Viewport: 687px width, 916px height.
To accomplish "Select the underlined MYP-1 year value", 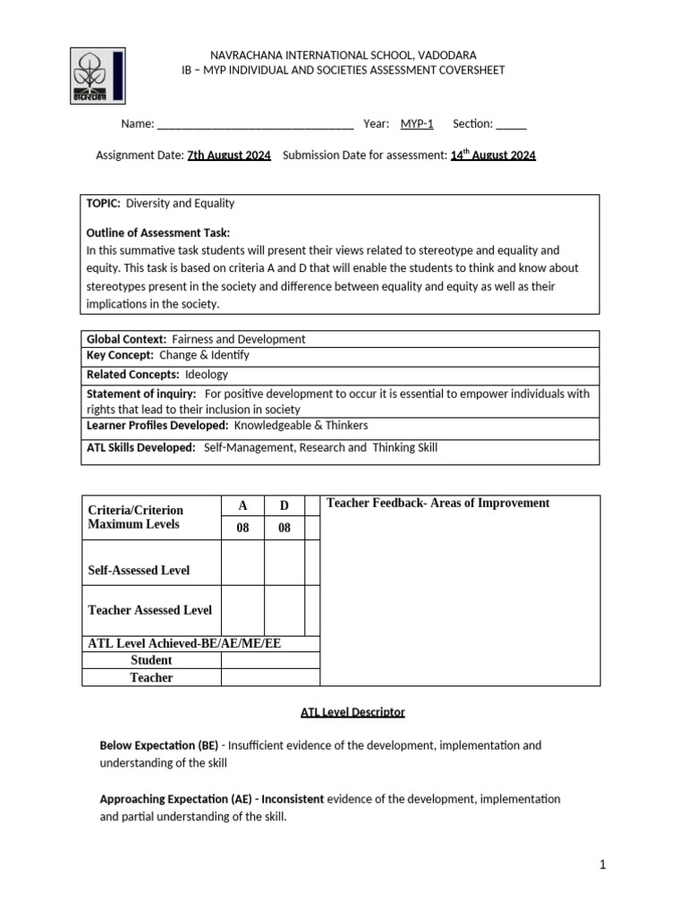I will (x=417, y=123).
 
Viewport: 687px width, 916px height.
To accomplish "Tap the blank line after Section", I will (x=511, y=124).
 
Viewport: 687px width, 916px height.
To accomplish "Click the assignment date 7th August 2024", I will (x=229, y=155).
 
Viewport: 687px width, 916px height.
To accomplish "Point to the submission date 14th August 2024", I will (x=493, y=155).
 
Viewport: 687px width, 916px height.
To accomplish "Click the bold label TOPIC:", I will (x=103, y=203).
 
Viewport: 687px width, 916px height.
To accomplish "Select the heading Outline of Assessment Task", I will (x=157, y=233).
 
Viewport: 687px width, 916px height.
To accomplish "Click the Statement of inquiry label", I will (x=140, y=394).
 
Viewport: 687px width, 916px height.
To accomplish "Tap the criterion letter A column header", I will (x=242, y=506).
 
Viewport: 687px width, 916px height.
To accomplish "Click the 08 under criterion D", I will (x=284, y=528).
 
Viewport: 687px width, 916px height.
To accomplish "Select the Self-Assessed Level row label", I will (x=138, y=570).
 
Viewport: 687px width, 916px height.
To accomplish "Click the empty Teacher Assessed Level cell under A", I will (x=242, y=610).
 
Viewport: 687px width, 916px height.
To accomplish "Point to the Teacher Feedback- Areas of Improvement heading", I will (x=437, y=503).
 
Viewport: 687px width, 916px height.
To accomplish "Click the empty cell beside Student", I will (x=270, y=660).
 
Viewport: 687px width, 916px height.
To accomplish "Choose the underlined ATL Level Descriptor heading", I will (x=352, y=712).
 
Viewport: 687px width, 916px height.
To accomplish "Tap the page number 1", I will (x=603, y=864).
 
